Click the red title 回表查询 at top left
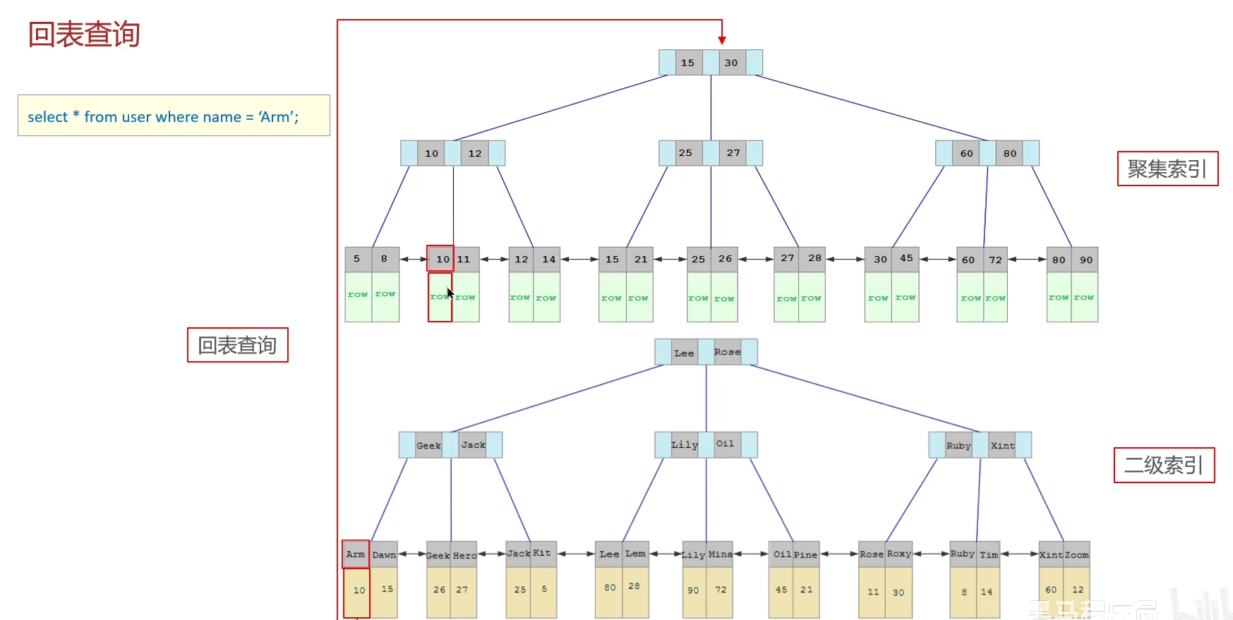coord(84,35)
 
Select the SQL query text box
coord(174,116)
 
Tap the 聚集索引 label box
coord(1167,169)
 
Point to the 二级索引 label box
coord(1164,466)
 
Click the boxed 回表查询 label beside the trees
coord(237,345)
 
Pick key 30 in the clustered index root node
coord(731,63)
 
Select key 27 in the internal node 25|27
coord(733,153)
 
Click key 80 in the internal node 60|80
coord(1010,153)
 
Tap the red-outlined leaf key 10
coord(442,259)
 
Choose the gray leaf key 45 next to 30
coord(906,259)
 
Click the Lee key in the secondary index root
coord(683,353)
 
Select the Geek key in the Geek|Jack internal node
coord(428,445)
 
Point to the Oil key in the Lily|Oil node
coord(725,444)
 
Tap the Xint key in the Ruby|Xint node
coord(1002,445)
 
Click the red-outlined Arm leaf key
coord(356,554)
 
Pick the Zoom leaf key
coord(1076,555)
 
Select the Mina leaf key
coord(720,554)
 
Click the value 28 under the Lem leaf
coord(634,587)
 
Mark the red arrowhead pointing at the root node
coord(722,41)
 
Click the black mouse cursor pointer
coord(450,293)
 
